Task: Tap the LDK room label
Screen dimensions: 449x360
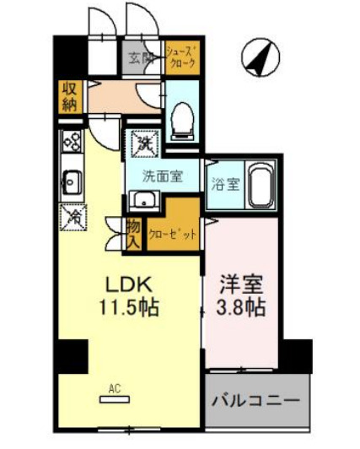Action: tap(124, 284)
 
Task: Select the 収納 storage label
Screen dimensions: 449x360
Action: tap(68, 97)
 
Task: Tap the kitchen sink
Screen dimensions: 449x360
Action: tap(71, 179)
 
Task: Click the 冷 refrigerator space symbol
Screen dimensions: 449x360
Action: tap(71, 216)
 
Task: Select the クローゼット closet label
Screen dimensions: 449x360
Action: tap(172, 235)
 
